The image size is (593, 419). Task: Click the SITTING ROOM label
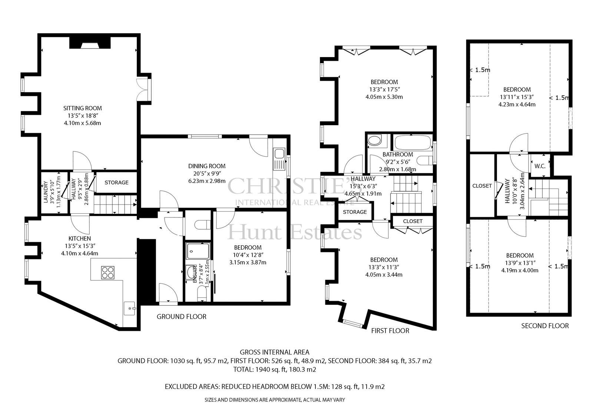click(82, 108)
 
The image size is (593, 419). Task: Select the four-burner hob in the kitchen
click(108, 273)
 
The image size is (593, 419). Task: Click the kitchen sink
click(130, 308)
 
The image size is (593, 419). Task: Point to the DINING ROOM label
click(207, 166)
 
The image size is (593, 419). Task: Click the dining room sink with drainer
click(279, 159)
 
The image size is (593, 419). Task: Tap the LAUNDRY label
click(46, 192)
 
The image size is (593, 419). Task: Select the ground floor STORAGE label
click(116, 183)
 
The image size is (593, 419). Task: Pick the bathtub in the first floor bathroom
click(413, 143)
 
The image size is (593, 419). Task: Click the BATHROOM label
click(398, 154)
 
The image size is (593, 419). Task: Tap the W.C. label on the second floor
click(540, 166)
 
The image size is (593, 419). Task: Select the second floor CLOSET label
click(482, 186)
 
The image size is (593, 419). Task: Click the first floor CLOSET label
click(413, 221)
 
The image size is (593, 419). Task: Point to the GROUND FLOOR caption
click(181, 317)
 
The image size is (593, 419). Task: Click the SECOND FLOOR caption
click(545, 326)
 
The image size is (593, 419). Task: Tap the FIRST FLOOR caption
click(390, 330)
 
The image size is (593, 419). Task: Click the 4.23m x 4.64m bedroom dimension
click(517, 104)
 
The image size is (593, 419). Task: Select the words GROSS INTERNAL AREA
click(275, 352)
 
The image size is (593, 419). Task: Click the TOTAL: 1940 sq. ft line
click(275, 369)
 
